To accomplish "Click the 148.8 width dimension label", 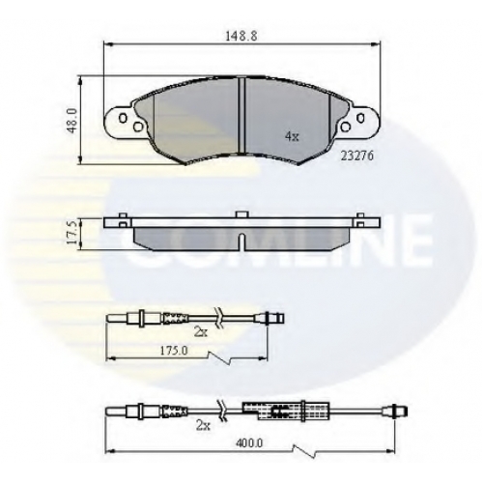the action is click(x=241, y=36).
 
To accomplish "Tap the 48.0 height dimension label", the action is click(x=73, y=121).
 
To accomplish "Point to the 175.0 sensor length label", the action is click(x=175, y=351).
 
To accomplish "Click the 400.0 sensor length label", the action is click(x=249, y=443).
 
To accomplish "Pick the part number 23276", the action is click(x=357, y=156).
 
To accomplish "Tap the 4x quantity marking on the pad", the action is click(x=292, y=137).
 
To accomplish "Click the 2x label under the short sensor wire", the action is click(x=201, y=332).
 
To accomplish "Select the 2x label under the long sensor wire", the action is click(x=203, y=426).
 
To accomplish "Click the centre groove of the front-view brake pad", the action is click(x=241, y=115).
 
